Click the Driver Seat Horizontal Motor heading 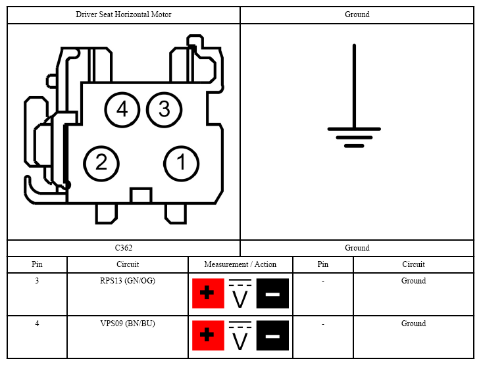pyautogui.click(x=124, y=14)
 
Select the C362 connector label pyautogui.click(x=124, y=248)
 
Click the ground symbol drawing pyautogui.click(x=354, y=96)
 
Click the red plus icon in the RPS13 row pyautogui.click(x=208, y=293)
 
